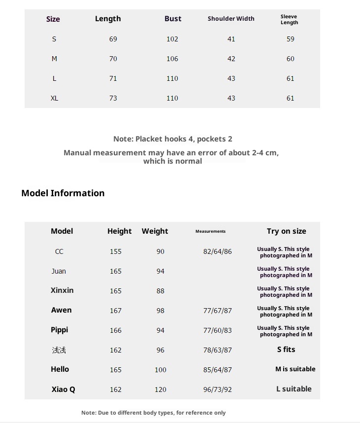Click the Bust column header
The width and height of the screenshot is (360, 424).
pyautogui.click(x=173, y=19)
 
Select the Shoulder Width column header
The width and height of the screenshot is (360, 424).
pyautogui.click(x=231, y=19)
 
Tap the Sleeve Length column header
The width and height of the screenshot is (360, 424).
pyautogui.click(x=289, y=19)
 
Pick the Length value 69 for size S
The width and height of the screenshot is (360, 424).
pyautogui.click(x=113, y=39)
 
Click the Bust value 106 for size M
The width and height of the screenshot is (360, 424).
pyautogui.click(x=172, y=59)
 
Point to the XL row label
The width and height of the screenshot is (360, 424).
pyautogui.click(x=54, y=98)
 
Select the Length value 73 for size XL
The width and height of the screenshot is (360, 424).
pyautogui.click(x=113, y=98)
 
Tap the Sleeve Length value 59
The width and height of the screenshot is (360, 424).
pyautogui.click(x=291, y=39)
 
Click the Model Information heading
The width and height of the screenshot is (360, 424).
pyautogui.click(x=63, y=193)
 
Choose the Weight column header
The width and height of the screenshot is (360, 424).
pyautogui.click(x=155, y=231)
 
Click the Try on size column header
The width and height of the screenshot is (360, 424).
pyautogui.click(x=286, y=231)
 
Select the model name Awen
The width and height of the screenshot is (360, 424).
pyautogui.click(x=61, y=310)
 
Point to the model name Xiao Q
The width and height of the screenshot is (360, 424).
pyautogui.click(x=63, y=389)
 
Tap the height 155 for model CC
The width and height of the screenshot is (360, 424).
pyautogui.click(x=116, y=251)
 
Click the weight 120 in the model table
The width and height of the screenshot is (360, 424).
pyautogui.click(x=161, y=389)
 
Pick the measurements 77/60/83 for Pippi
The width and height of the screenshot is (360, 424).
pyautogui.click(x=217, y=330)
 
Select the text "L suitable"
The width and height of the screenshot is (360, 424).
pyautogui.click(x=294, y=389)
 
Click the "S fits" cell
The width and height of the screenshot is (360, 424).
pyautogui.click(x=286, y=350)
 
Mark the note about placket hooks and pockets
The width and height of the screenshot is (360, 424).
pyautogui.click(x=172, y=139)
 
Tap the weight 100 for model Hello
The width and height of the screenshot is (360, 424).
pyautogui.click(x=161, y=370)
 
